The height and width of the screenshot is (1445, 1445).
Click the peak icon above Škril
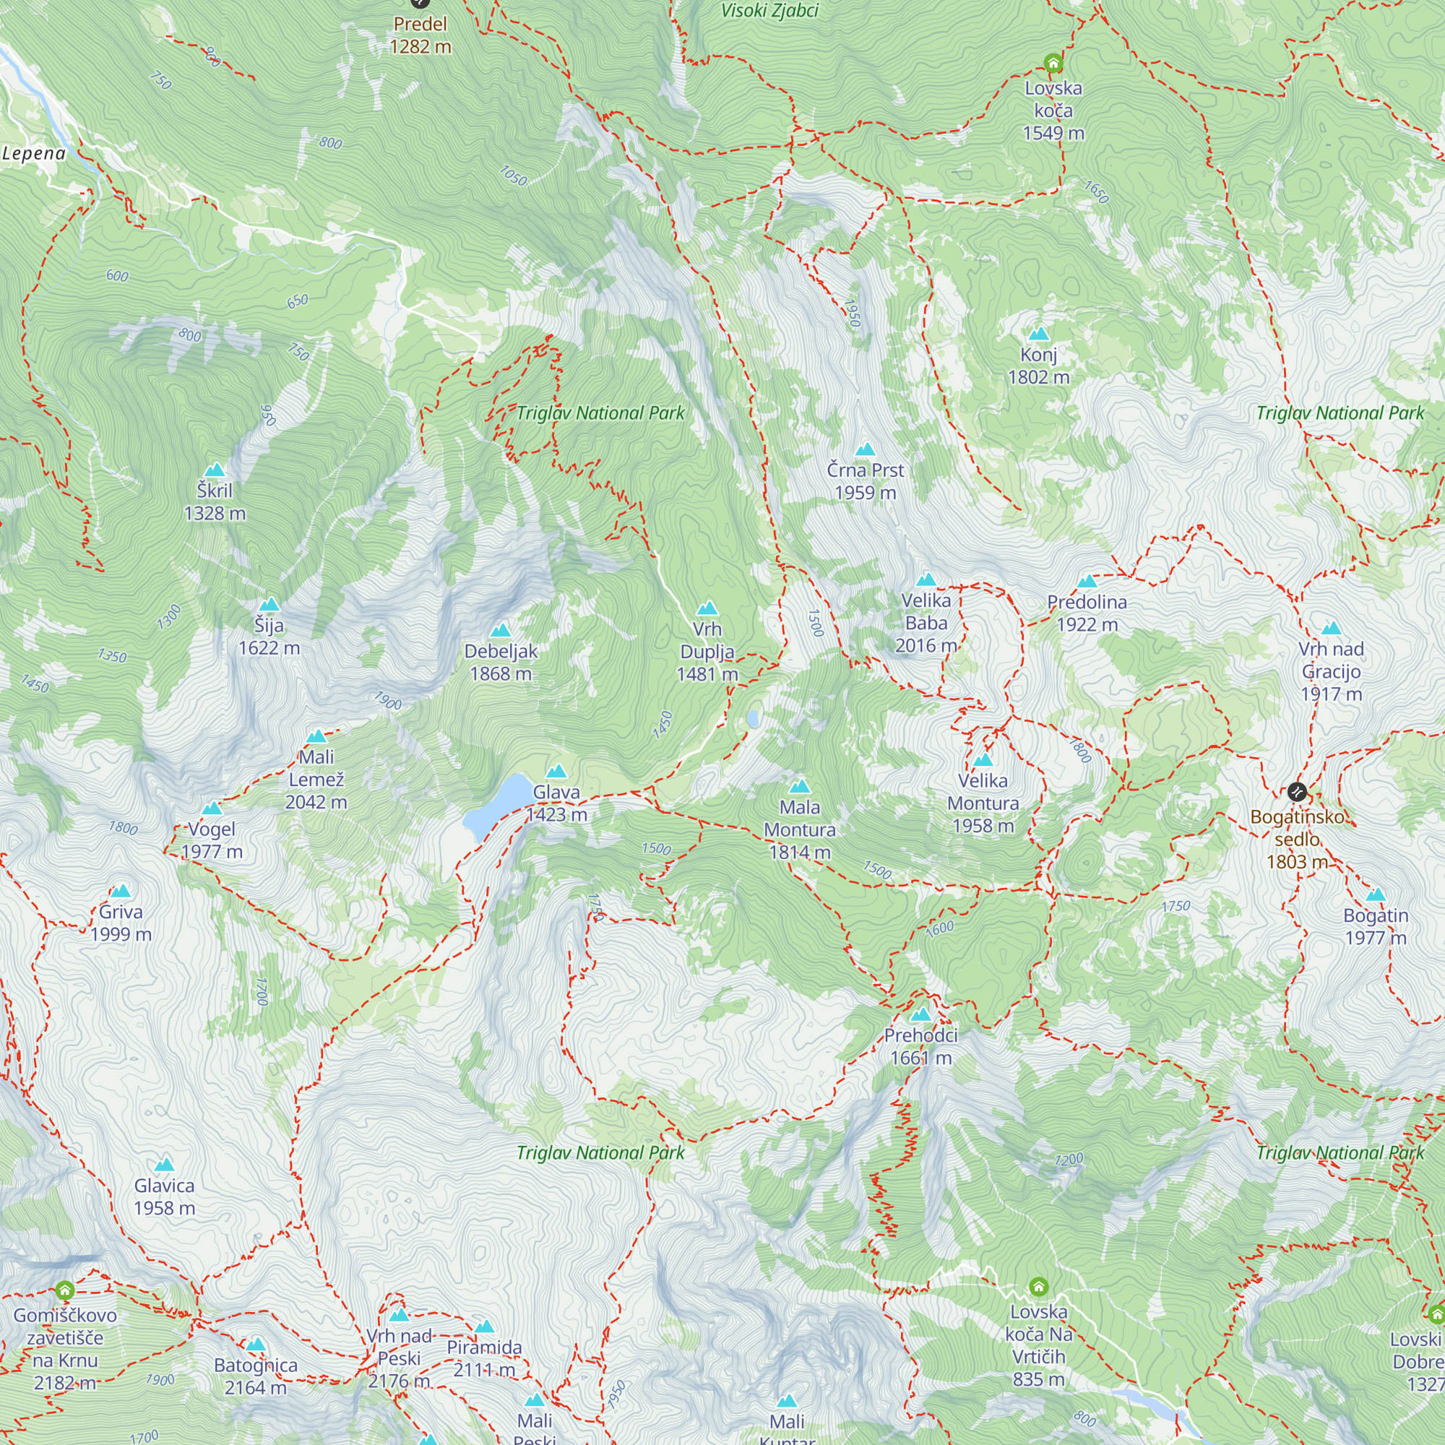pos(215,470)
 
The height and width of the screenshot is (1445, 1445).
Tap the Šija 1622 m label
pos(269,637)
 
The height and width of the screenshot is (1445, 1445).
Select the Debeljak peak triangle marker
pos(501,631)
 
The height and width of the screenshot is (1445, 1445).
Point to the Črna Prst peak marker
pos(866,449)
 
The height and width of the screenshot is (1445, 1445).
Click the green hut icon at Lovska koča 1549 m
pos(1053,63)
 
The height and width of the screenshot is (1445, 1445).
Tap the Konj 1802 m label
pos(1038,366)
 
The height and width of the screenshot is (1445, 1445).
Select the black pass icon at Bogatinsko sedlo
pos(1297,791)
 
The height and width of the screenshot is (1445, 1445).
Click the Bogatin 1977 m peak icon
pos(1376,894)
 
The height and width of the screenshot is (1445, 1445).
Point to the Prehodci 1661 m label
pos(920,1046)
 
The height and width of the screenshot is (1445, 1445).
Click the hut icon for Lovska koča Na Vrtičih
pos(1038,1287)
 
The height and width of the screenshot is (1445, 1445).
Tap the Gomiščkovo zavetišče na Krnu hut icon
pos(65,1290)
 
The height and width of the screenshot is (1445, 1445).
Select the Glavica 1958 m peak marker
pos(165,1164)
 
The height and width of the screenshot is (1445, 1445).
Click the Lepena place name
pos(35,153)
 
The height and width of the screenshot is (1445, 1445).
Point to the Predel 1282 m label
pos(420,35)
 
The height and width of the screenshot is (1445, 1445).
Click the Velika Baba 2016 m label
pos(926,622)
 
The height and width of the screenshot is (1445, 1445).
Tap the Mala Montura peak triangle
pos(800,786)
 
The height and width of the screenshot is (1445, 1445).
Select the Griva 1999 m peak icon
pos(121,891)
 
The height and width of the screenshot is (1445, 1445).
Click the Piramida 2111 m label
pos(484,1358)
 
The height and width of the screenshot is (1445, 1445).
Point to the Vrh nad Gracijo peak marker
pos(1331,629)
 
